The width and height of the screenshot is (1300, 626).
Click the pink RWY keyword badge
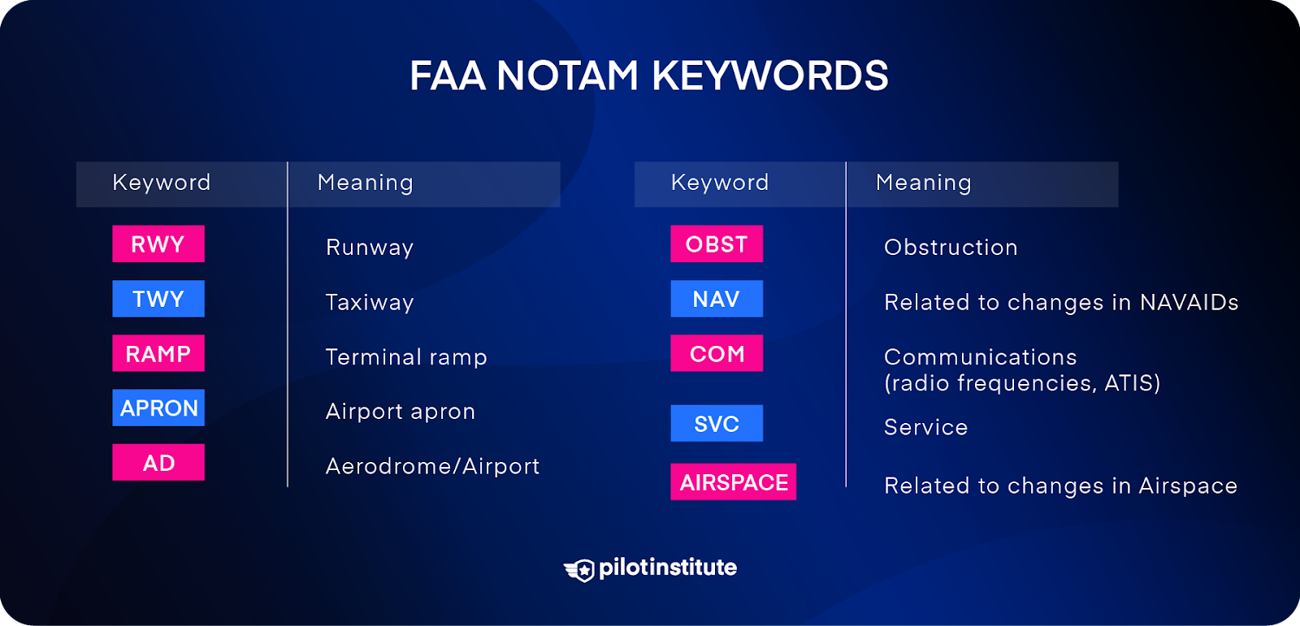(158, 244)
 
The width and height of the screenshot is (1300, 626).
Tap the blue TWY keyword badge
(158, 299)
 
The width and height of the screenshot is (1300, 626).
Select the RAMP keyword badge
(158, 353)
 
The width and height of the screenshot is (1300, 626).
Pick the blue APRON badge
(158, 408)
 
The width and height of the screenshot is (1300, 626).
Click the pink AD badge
(158, 463)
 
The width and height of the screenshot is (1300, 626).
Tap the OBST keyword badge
(717, 244)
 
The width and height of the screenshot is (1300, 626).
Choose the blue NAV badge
(717, 299)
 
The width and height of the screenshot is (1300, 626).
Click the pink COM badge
(717, 353)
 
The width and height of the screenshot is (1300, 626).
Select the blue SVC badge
(717, 423)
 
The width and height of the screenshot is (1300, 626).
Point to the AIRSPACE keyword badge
(733, 482)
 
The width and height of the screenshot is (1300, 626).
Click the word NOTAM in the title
(567, 76)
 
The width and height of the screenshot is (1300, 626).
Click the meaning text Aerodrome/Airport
(432, 466)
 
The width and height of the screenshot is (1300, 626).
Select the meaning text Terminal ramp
(406, 357)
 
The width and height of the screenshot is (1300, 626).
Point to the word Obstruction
(951, 248)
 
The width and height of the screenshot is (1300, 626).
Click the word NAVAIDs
(1189, 302)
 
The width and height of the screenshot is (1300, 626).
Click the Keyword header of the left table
(161, 183)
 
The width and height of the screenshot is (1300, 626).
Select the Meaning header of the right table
(923, 183)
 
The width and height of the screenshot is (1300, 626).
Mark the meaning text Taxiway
(370, 302)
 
